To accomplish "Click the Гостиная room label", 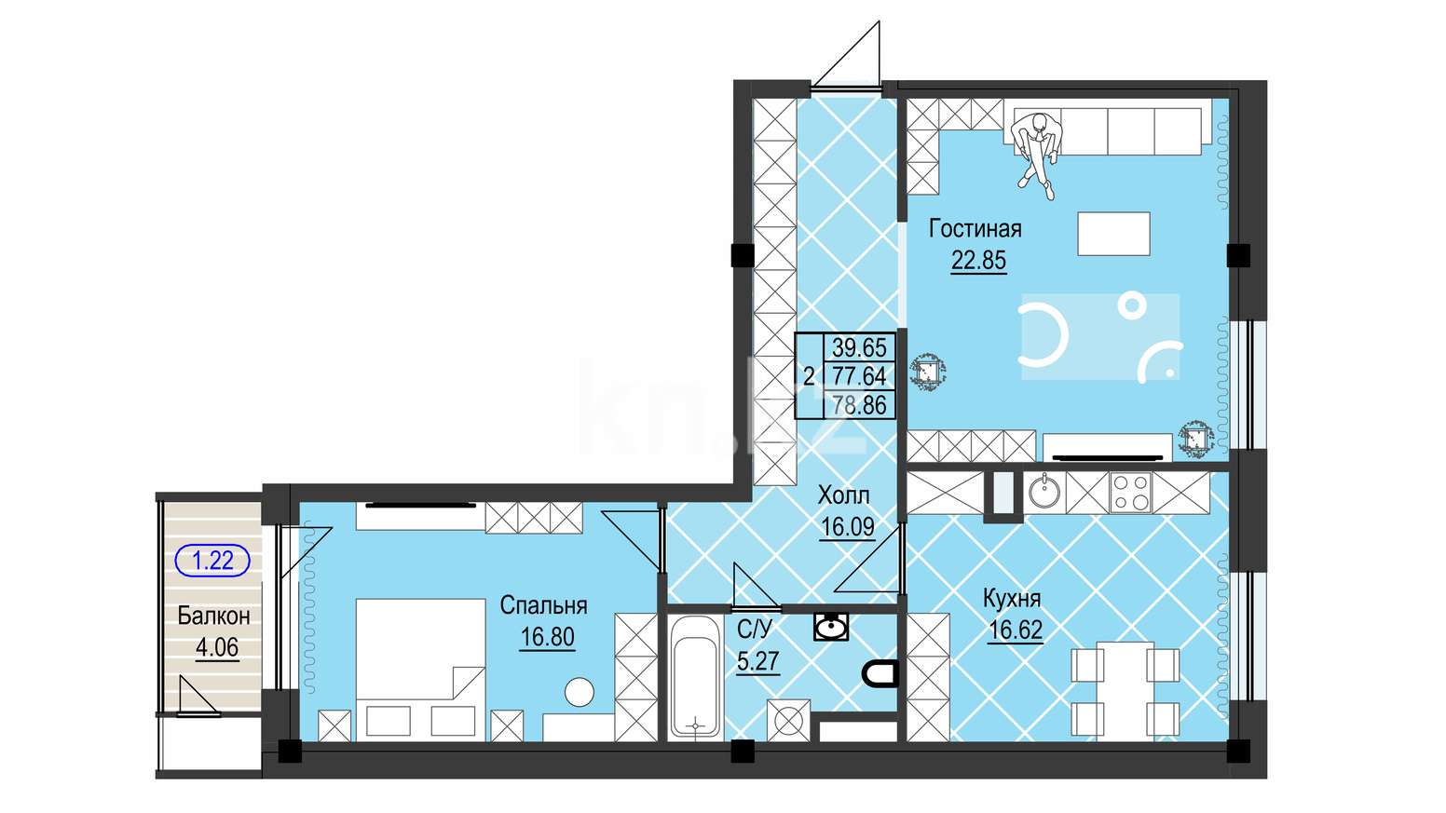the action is point(975,229).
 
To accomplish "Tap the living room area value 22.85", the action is point(978,260).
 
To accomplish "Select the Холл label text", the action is point(844,495).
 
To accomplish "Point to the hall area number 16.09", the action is point(848,526).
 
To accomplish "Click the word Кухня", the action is point(1012,599).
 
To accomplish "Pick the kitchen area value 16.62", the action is point(1016,630).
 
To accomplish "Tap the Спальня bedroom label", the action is point(543,605).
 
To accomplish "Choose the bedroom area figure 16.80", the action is point(548,637).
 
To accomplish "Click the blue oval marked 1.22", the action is point(212,560).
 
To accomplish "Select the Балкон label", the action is point(213,617).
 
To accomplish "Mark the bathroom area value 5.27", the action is point(758,661).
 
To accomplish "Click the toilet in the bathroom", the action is point(880,673).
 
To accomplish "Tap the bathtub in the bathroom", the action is point(695,677).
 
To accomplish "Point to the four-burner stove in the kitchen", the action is point(1131,493).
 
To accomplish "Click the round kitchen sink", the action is point(1044,493).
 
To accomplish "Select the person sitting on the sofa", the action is point(1037,154).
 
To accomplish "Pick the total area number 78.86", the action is point(859,405).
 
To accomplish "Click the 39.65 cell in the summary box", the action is point(859,347).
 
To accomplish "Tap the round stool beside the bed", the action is point(579,692).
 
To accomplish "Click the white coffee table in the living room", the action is point(1113,234).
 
